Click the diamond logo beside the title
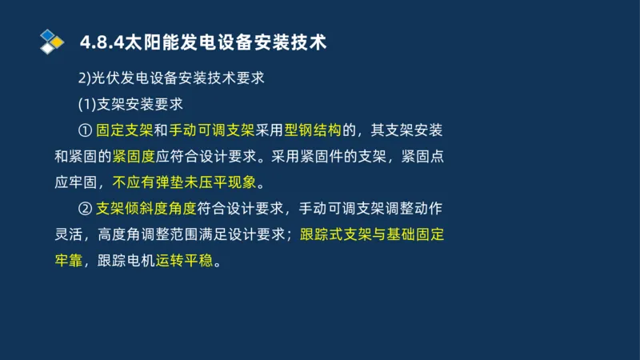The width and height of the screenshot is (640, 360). pos(52,41)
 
